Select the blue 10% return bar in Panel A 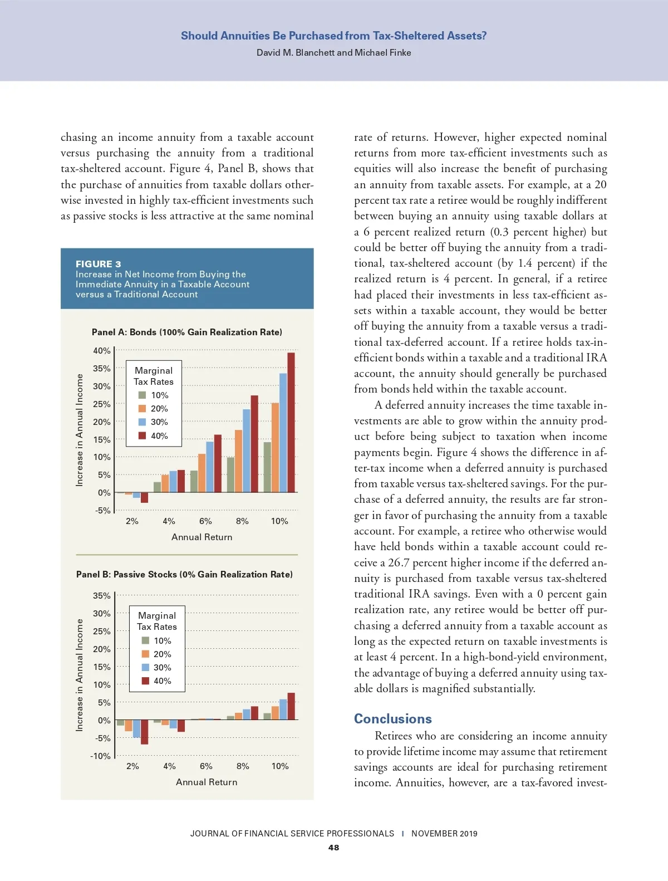point(283,433)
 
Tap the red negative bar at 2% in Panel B point(144,732)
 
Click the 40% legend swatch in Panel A point(142,435)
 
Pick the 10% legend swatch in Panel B point(145,640)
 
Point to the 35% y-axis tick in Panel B point(102,595)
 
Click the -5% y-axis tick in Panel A point(103,510)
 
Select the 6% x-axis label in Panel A point(205,521)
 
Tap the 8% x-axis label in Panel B point(243,766)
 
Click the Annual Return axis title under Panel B point(207,782)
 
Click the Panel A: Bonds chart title point(187,332)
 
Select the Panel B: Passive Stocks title point(184,574)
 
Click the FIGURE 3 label point(99,264)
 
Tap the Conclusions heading point(393,718)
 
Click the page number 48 point(333,848)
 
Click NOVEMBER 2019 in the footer point(444,834)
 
